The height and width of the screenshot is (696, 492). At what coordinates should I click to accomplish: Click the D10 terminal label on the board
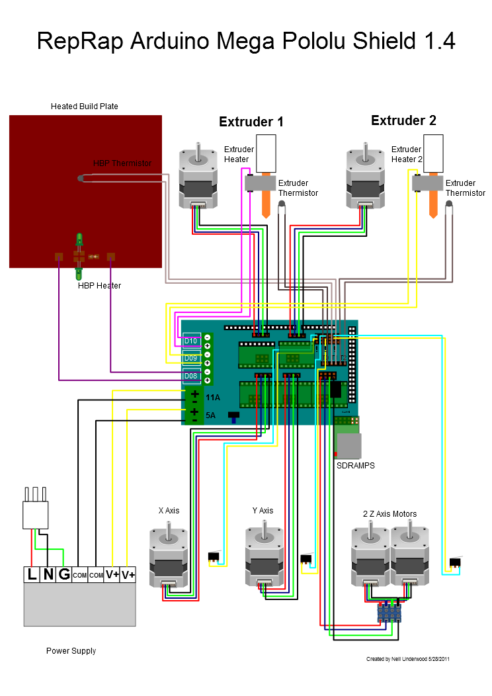(x=191, y=341)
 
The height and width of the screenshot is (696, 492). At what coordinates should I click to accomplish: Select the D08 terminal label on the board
(x=191, y=376)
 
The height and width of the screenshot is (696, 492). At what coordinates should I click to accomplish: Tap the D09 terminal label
(x=191, y=359)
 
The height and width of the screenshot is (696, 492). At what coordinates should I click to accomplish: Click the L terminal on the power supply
(x=32, y=574)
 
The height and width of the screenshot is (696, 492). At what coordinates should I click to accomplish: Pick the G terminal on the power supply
(x=64, y=574)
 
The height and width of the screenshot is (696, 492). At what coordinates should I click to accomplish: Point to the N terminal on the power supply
(x=48, y=574)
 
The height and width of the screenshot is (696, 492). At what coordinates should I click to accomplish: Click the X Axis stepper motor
(x=169, y=556)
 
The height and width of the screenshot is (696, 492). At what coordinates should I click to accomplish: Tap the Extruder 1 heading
(x=251, y=122)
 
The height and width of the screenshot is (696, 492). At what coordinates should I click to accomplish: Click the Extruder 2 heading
(x=403, y=121)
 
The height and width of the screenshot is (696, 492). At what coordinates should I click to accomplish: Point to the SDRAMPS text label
(x=356, y=466)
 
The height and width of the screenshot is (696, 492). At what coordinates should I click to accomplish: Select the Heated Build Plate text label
(x=85, y=107)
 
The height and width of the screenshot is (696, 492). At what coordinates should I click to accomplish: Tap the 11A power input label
(x=213, y=398)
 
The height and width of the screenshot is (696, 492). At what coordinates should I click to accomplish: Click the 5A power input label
(x=211, y=415)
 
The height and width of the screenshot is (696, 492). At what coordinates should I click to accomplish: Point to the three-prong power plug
(x=35, y=509)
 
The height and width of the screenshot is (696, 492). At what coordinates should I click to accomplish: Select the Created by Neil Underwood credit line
(x=408, y=659)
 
